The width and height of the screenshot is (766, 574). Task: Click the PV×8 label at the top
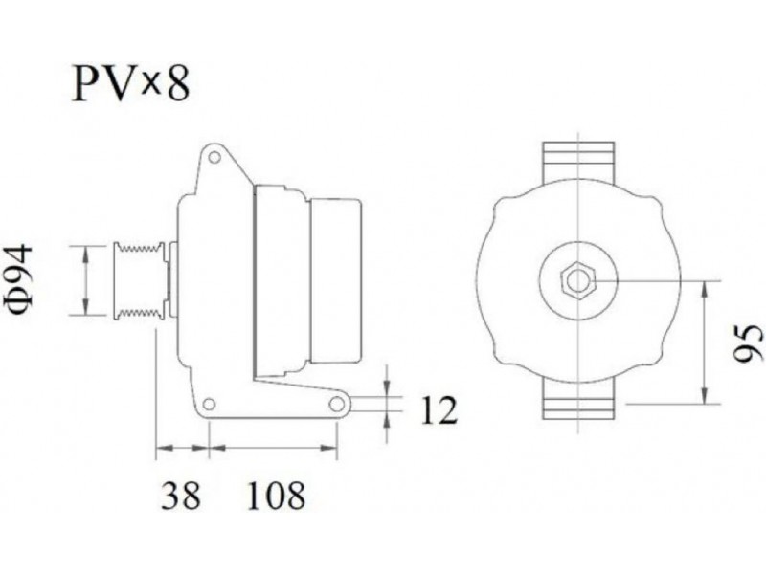click(130, 83)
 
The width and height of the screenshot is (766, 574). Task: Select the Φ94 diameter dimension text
click(19, 280)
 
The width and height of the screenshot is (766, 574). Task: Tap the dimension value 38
click(181, 495)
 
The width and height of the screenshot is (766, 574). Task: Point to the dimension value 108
click(276, 495)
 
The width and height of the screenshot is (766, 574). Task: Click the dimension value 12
click(439, 410)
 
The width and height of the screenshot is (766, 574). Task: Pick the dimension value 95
click(749, 343)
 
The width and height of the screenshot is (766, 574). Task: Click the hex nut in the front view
click(578, 281)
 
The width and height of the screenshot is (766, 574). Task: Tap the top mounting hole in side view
click(214, 158)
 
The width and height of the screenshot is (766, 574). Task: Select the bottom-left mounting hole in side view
click(209, 404)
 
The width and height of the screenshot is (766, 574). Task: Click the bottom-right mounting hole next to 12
click(337, 404)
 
